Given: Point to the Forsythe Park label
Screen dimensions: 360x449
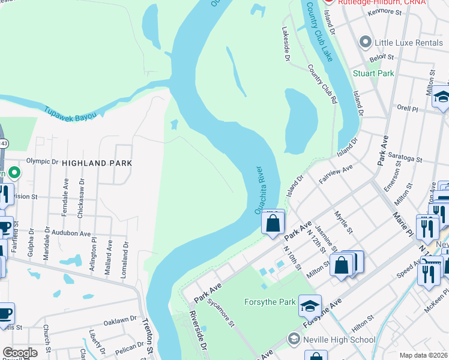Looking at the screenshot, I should tap(270, 302).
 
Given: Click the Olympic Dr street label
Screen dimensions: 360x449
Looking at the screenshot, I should tap(42, 161).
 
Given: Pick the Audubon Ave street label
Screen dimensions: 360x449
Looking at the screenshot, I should tap(70, 233).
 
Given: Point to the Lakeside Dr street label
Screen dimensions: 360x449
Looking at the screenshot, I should tap(286, 43).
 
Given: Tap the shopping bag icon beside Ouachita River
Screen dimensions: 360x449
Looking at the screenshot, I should tap(273, 224).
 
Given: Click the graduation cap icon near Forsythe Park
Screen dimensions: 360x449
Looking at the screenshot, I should tap(310, 307).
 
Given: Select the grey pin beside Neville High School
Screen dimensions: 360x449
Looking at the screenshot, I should tap(294, 338).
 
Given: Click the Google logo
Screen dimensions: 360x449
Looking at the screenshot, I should tap(19, 353).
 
